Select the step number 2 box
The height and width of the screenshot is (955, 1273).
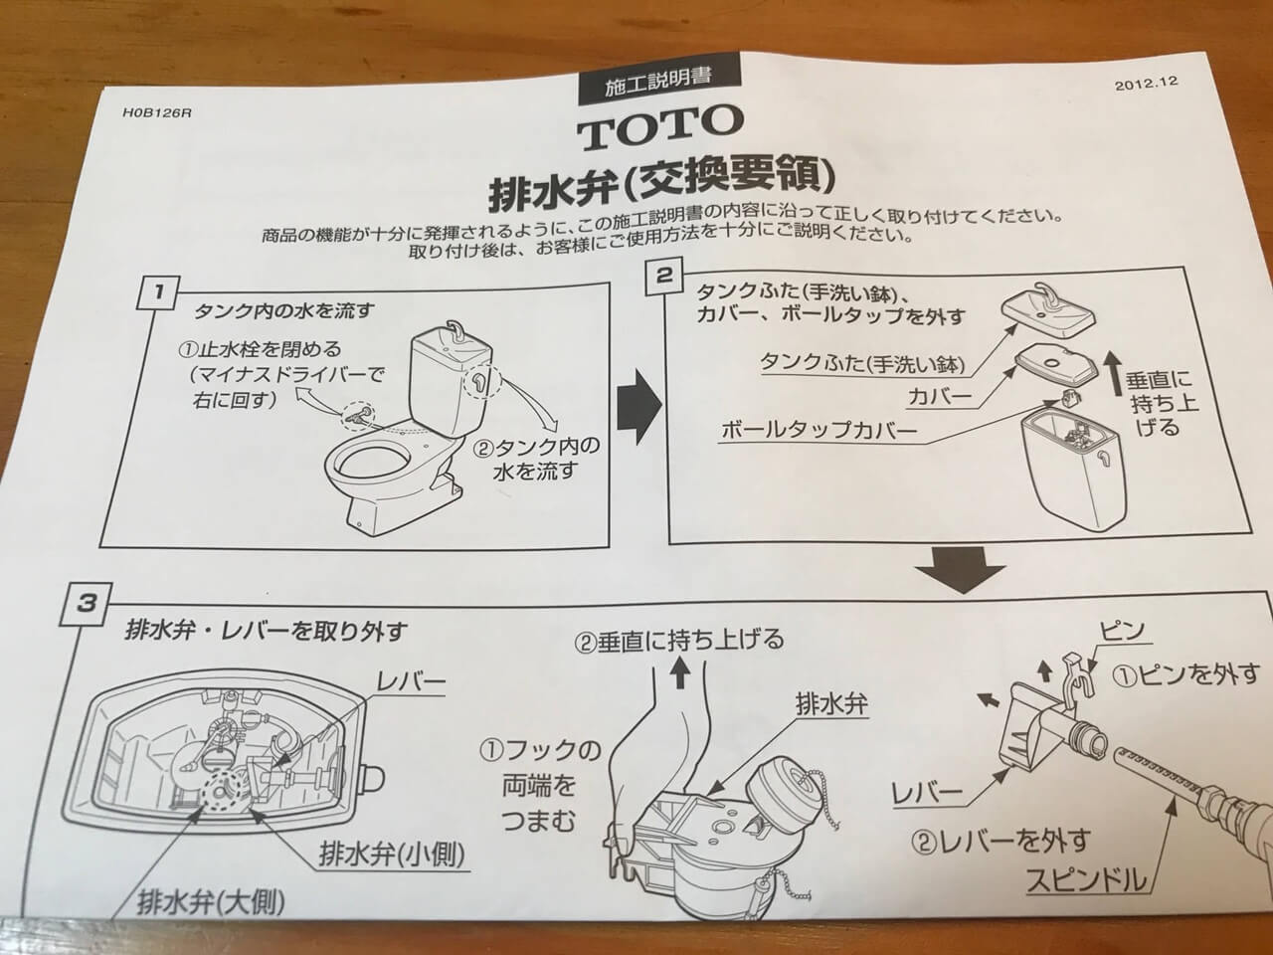[x=664, y=278]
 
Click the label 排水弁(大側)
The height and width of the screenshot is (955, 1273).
[x=211, y=902]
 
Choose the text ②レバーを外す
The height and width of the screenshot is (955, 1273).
[x=1001, y=842]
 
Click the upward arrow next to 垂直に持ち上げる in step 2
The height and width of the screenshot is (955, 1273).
[x=1111, y=373]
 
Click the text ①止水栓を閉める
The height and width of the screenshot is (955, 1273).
[x=260, y=349]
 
